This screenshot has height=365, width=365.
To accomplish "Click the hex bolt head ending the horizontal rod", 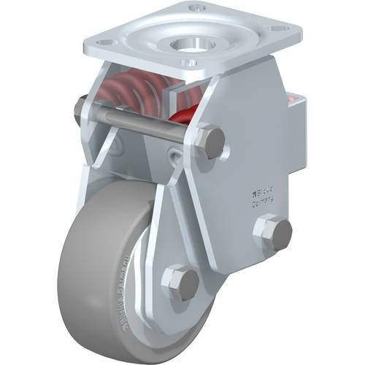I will (211, 143).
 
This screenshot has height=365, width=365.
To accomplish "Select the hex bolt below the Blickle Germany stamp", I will (273, 233).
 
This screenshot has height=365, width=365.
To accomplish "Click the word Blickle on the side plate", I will (266, 193).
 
